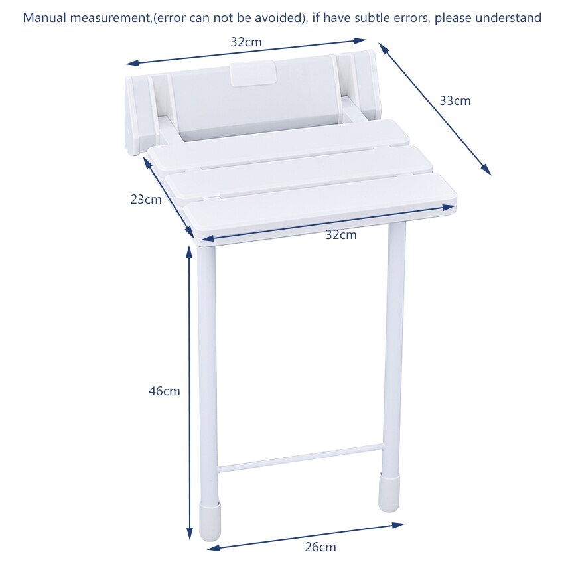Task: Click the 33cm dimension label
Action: (455, 101)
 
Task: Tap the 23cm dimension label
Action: (146, 199)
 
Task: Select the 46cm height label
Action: (164, 391)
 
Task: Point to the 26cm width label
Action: (320, 547)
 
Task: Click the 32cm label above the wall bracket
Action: (246, 42)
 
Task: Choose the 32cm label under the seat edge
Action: (340, 234)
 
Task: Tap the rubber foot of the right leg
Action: (389, 492)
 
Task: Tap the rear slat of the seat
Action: (279, 143)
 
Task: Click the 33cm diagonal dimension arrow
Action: (435, 109)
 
